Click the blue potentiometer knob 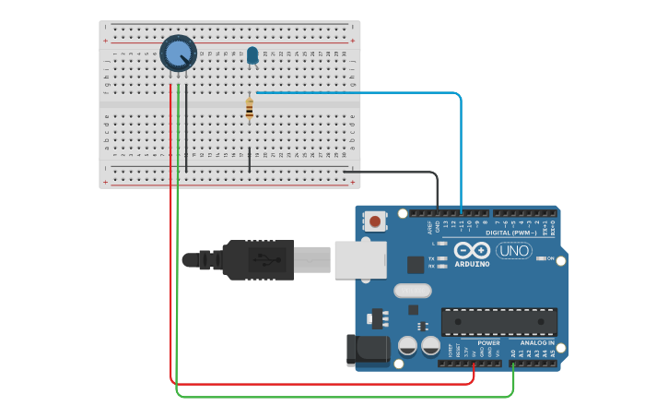tap(178, 54)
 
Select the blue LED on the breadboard tap(252, 56)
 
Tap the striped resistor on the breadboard tap(249, 109)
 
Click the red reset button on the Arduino tap(376, 221)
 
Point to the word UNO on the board tap(513, 251)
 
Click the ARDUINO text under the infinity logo tap(472, 264)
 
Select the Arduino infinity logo tap(472, 250)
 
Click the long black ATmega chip tap(498, 322)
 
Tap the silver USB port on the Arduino tap(360, 259)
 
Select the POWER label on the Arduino tap(488, 343)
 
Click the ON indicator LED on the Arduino tap(541, 258)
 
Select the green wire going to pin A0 tap(341, 398)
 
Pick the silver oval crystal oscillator tap(412, 291)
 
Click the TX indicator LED tap(442, 258)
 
